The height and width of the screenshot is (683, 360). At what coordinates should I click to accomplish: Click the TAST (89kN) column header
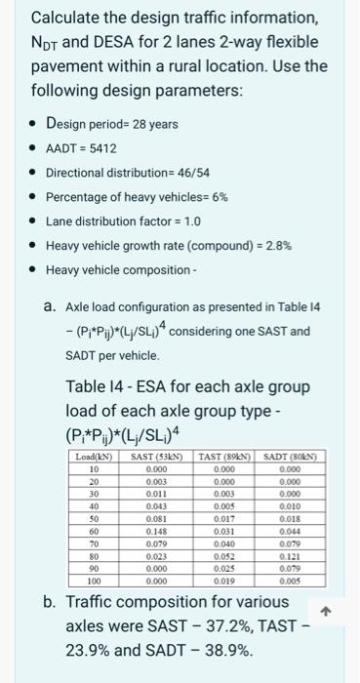[220, 458]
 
